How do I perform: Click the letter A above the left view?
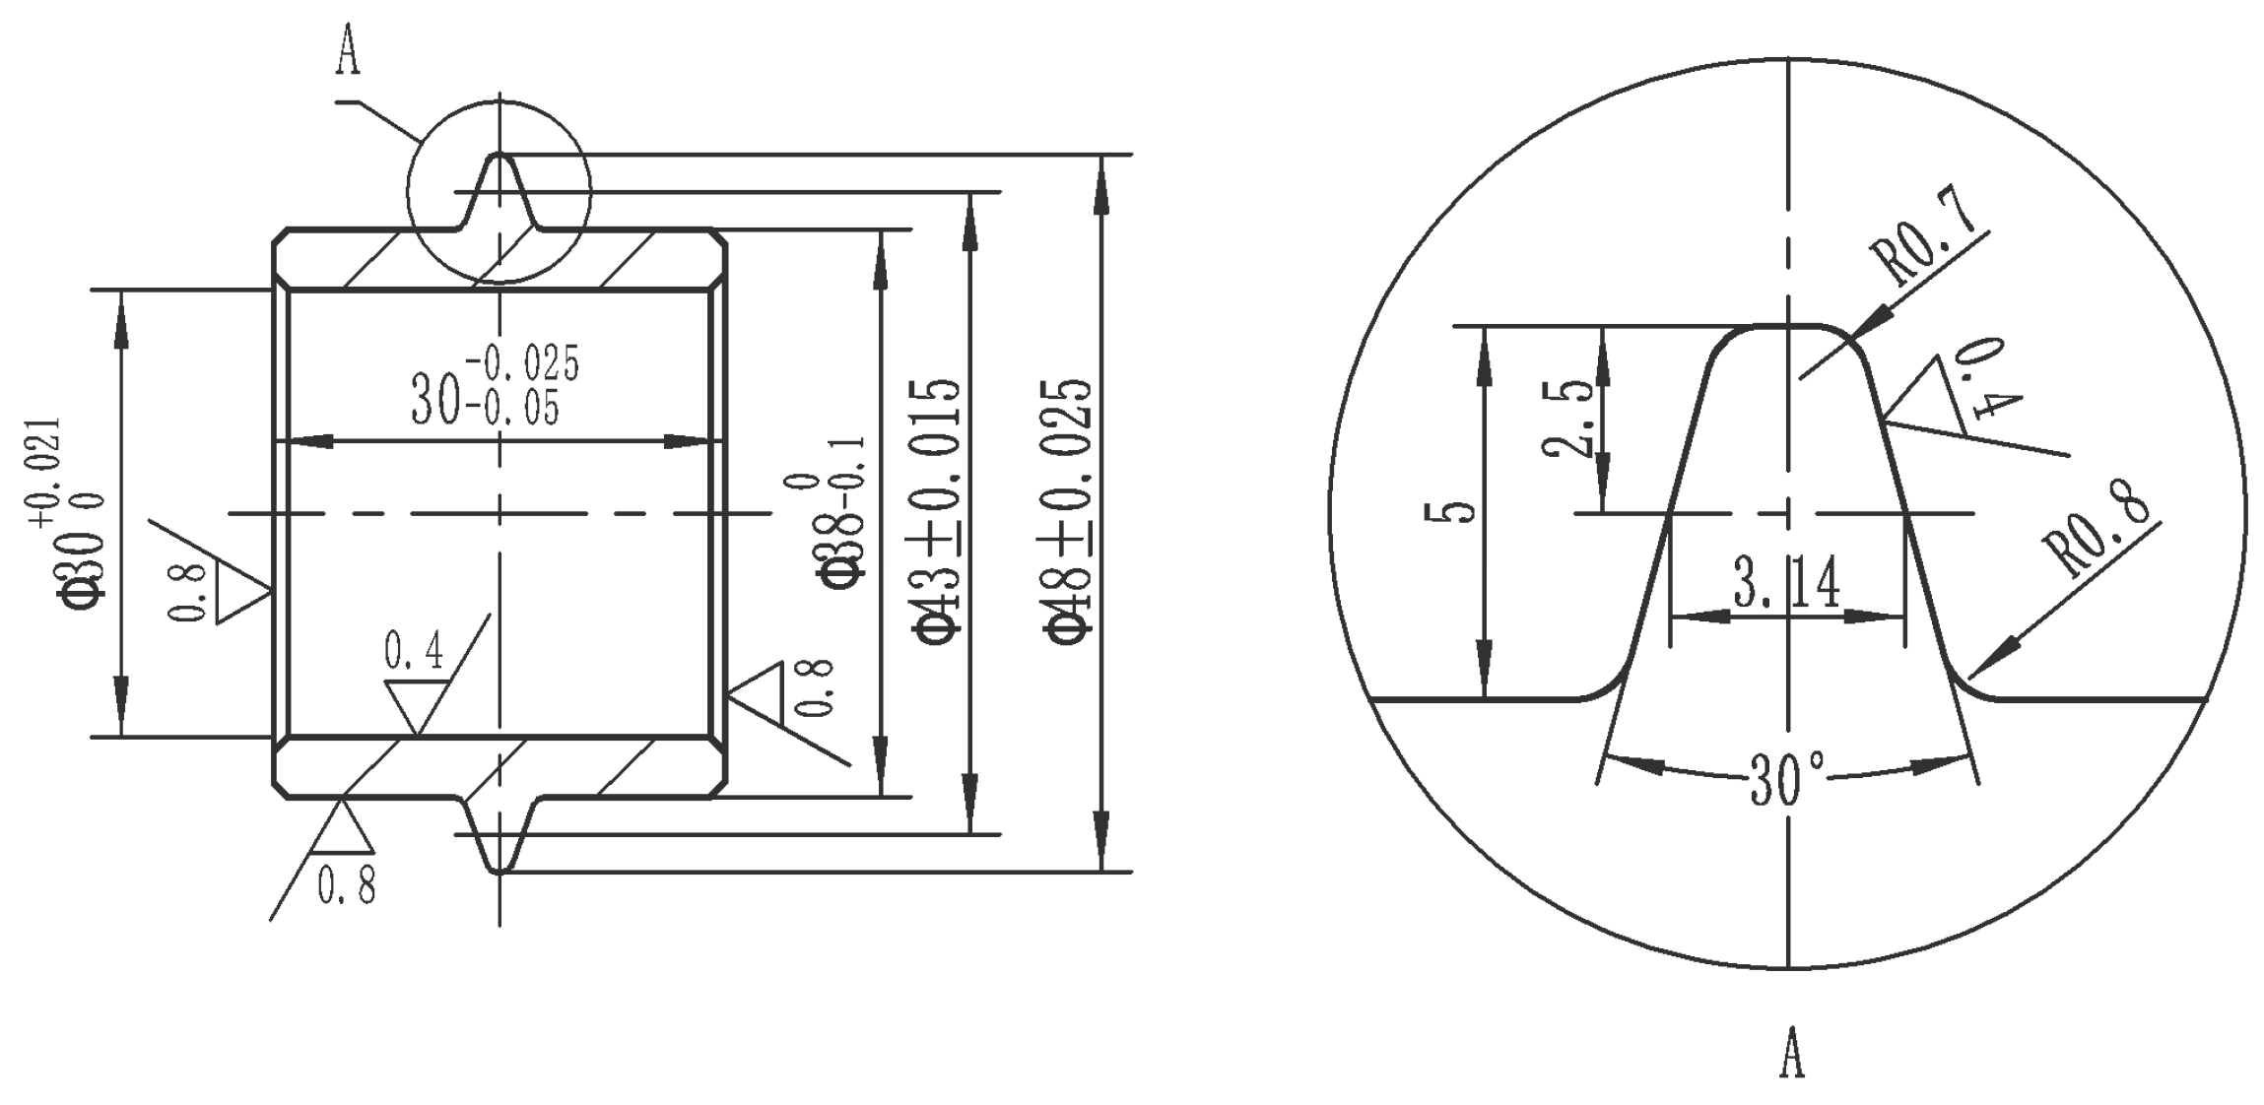(x=348, y=51)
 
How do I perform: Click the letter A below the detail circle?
(x=1792, y=1052)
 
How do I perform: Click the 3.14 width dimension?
(x=1787, y=585)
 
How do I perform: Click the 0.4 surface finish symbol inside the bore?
(x=416, y=684)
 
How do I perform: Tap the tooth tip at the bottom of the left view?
(x=499, y=867)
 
